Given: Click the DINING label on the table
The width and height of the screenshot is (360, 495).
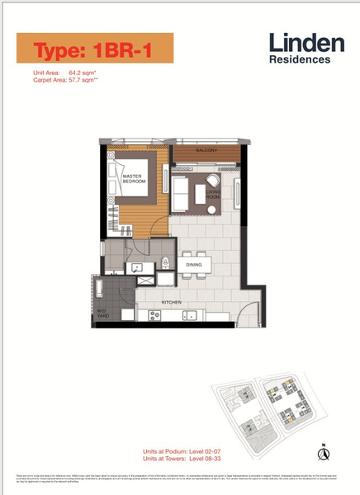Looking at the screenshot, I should pyautogui.click(x=194, y=265).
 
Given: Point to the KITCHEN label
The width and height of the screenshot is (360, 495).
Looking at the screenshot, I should pyautogui.click(x=172, y=303).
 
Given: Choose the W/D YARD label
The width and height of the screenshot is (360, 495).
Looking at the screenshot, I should pyautogui.click(x=104, y=313).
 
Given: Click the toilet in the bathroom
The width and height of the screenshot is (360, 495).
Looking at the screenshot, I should pyautogui.click(x=166, y=264).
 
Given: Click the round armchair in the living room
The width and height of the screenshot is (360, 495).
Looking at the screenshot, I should pyautogui.click(x=213, y=180).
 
